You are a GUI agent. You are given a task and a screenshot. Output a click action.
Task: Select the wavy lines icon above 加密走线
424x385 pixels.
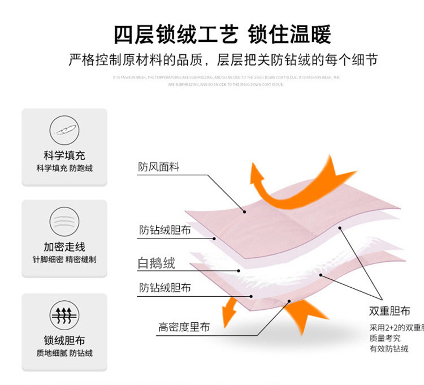click(x=64, y=221)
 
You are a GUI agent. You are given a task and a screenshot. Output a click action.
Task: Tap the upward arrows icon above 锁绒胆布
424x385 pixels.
click(x=64, y=314)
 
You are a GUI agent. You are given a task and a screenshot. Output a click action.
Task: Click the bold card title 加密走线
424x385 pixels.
click(x=64, y=247)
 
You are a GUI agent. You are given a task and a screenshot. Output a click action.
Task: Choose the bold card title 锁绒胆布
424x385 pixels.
click(x=64, y=340)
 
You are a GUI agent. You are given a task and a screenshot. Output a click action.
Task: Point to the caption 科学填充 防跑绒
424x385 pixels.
click(x=64, y=168)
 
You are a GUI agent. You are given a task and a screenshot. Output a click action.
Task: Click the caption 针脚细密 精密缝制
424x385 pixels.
click(x=64, y=260)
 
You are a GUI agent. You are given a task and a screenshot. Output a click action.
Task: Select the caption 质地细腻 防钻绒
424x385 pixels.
click(x=64, y=353)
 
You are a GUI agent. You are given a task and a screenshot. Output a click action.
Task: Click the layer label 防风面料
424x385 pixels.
click(x=158, y=167)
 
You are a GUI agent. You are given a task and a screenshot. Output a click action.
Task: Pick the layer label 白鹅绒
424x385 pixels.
click(x=157, y=263)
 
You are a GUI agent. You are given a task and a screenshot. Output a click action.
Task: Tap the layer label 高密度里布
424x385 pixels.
click(x=184, y=327)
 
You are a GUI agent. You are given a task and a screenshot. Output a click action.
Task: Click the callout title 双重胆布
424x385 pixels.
click(x=390, y=312)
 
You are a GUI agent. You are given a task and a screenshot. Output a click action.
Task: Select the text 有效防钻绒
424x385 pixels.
click(x=389, y=349)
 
